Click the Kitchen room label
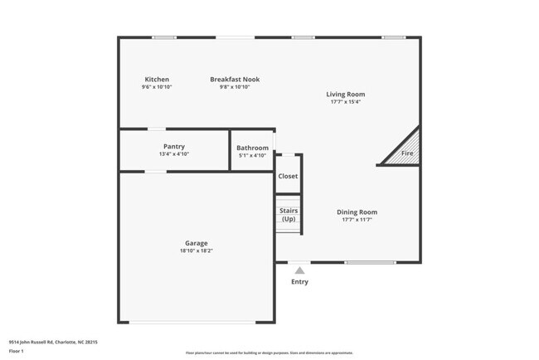(x=157, y=80)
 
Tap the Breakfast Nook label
(x=240, y=80)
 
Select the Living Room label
(x=345, y=95)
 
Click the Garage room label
(x=196, y=244)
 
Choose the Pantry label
(x=174, y=146)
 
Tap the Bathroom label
(x=252, y=148)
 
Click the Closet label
(x=288, y=177)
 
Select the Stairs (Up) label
(x=288, y=215)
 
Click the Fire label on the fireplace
(x=407, y=153)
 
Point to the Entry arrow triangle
(x=299, y=270)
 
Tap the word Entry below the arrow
(x=299, y=282)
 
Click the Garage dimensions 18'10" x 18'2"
(x=196, y=251)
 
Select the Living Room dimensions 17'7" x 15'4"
(x=345, y=102)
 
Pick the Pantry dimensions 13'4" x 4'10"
(x=174, y=153)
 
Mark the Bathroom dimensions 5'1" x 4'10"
(x=252, y=155)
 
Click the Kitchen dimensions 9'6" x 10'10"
(x=157, y=87)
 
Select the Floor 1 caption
(x=17, y=351)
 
